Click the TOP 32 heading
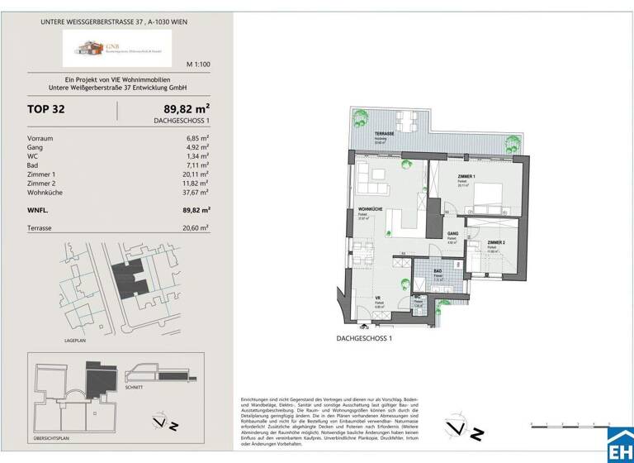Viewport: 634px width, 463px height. tap(46, 109)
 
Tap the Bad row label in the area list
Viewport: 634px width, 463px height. tap(34, 165)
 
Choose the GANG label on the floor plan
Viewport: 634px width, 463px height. tap(453, 234)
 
